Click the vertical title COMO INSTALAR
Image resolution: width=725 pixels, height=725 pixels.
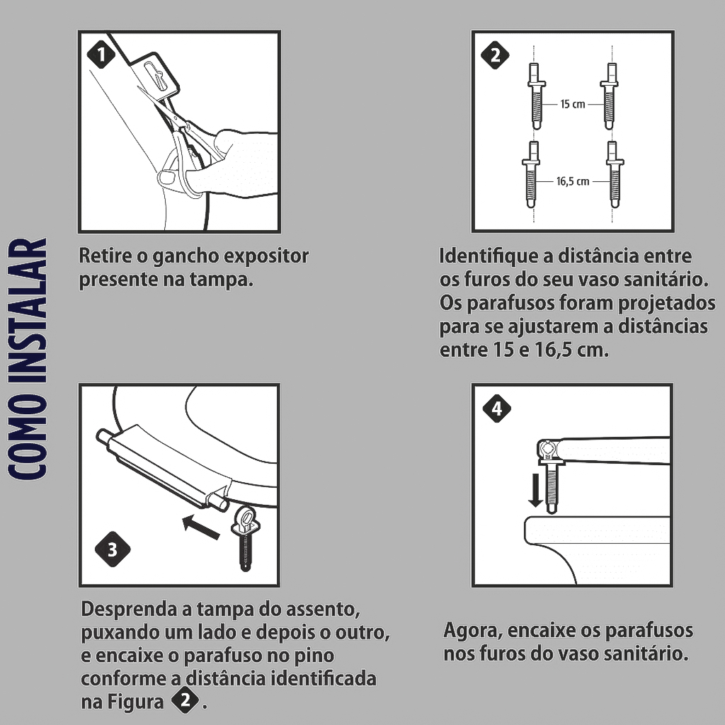pos(28,359)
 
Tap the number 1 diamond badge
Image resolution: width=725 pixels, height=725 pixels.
pos(101,55)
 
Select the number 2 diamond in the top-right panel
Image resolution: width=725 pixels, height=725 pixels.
pos(495,55)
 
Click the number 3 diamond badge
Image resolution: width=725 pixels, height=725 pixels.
pos(113,549)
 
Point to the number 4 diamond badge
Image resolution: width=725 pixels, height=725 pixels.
pos(496,409)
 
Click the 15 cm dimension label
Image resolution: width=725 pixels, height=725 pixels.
pos(572,104)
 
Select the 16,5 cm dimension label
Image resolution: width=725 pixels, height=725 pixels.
pos(572,181)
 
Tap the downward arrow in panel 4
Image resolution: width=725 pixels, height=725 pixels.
pos(535,490)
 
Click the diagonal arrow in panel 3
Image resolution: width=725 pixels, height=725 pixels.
pos(200,527)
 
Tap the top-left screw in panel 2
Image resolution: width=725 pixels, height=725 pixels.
pos(536,96)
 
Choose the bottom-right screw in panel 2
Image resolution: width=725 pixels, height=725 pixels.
pos(614,174)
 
